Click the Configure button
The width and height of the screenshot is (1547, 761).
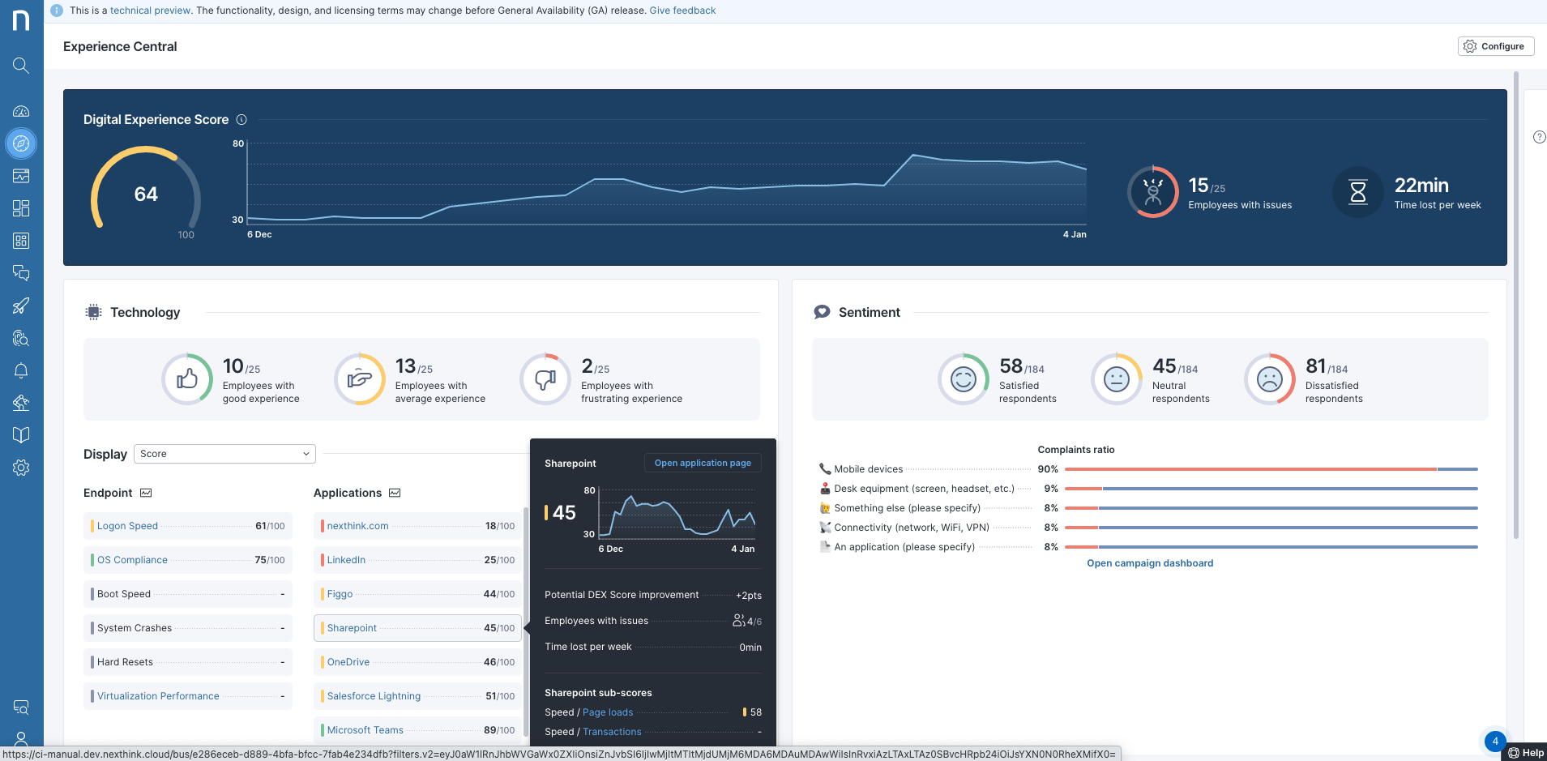[x=1495, y=46]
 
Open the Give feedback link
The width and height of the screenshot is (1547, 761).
[x=682, y=11]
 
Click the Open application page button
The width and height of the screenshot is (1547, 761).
[x=702, y=463]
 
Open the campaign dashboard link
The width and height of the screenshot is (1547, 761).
[x=1149, y=563]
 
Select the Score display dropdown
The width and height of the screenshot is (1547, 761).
[x=224, y=454]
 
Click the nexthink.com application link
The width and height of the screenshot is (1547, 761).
[x=357, y=526]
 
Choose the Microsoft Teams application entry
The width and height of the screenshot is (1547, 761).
[x=365, y=730]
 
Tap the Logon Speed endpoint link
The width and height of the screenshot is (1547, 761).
[x=127, y=526]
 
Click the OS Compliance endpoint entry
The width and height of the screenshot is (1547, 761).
[x=132, y=560]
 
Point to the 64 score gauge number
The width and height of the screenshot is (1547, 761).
[x=146, y=195]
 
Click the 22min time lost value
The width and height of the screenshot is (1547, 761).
[x=1421, y=186]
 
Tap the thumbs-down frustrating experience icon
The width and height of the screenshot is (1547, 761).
[x=545, y=378]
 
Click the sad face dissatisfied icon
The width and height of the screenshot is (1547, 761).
[x=1269, y=378]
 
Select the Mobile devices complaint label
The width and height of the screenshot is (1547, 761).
[x=868, y=469]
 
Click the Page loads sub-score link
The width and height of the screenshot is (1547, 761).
[x=607, y=712]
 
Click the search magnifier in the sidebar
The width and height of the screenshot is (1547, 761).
[x=21, y=66]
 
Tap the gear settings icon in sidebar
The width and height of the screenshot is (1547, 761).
[x=21, y=468]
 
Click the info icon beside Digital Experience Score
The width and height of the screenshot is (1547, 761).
[x=241, y=120]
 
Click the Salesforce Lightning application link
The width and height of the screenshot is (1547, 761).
[x=374, y=696]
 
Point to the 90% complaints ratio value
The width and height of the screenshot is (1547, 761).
[x=1047, y=469]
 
